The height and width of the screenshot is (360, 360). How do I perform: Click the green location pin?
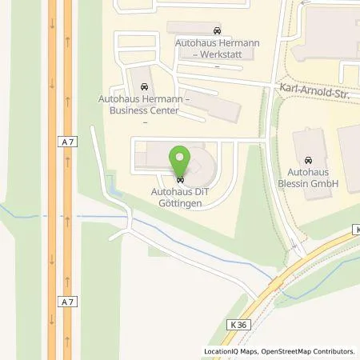pyautogui.click(x=180, y=158)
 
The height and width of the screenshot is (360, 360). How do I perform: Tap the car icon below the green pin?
pyautogui.click(x=180, y=178)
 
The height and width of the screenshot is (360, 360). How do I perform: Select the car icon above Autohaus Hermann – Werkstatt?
pyautogui.click(x=218, y=26)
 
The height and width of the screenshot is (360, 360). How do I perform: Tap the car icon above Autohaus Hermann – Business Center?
pyautogui.click(x=145, y=85)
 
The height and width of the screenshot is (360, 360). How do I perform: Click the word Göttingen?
pyautogui.click(x=180, y=203)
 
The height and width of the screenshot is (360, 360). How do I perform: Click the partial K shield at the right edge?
pyautogui.click(x=356, y=230)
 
